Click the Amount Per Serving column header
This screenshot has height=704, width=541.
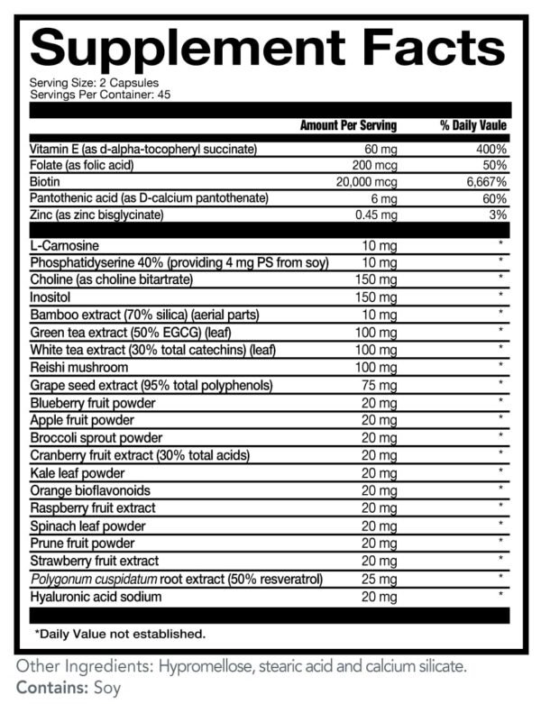click(347, 125)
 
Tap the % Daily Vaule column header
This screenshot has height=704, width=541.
click(472, 125)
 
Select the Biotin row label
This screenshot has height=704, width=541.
click(44, 181)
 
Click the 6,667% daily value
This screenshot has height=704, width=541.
click(485, 181)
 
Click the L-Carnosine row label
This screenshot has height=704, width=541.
click(60, 244)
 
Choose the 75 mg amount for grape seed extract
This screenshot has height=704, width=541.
click(379, 386)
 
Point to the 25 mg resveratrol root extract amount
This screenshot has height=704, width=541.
click(379, 578)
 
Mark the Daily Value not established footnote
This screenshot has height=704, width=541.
click(120, 634)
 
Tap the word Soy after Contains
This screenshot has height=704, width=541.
click(105, 687)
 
